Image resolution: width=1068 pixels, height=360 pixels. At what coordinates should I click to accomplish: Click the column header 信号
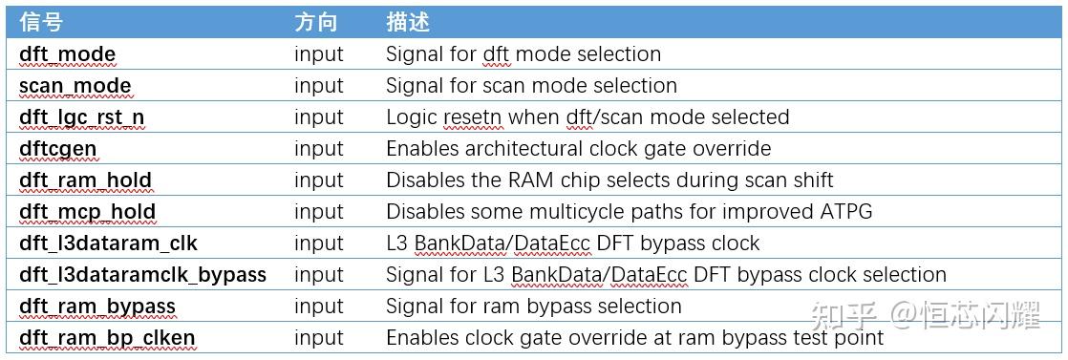tap(41, 21)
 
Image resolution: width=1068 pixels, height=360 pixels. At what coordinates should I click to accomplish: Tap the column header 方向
tap(315, 21)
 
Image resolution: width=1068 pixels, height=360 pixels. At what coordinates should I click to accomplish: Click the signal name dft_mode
tap(67, 54)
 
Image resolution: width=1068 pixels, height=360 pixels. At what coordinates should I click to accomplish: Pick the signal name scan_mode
tap(75, 86)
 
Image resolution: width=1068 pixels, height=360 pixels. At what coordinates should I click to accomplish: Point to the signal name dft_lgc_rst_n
tap(82, 117)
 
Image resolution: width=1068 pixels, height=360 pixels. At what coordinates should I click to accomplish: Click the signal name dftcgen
tap(57, 149)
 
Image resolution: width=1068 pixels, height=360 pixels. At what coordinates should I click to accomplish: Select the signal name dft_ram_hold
tap(85, 180)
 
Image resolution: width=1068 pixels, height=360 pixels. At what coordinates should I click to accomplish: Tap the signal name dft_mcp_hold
tap(87, 212)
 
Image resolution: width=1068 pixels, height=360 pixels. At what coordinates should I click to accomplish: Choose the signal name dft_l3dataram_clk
tap(108, 244)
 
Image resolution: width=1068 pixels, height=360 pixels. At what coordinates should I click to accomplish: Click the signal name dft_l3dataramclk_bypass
tap(142, 275)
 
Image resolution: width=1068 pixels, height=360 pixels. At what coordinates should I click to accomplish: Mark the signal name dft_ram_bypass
tap(96, 307)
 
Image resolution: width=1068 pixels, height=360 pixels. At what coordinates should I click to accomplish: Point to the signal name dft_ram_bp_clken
tap(106, 338)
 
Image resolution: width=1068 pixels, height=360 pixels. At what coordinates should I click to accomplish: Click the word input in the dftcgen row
tap(318, 149)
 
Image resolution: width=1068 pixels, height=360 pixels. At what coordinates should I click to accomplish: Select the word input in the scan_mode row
tap(318, 86)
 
